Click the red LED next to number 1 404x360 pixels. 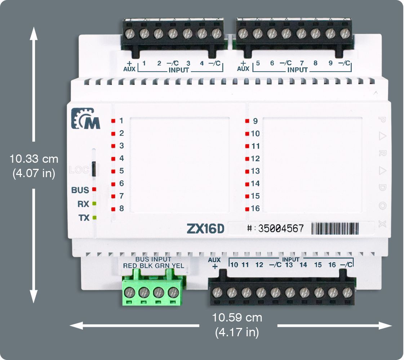click(x=113, y=121)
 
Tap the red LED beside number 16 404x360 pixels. click(x=247, y=209)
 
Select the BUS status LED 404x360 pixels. click(x=94, y=189)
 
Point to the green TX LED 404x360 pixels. click(x=94, y=217)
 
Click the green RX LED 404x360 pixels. click(x=94, y=204)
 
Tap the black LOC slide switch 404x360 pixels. click(x=94, y=169)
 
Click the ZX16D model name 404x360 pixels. click(x=205, y=229)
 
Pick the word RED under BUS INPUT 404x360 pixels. click(x=130, y=266)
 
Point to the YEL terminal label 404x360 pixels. click(x=178, y=266)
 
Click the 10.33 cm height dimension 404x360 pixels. click(x=34, y=158)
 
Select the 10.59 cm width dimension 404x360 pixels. click(x=237, y=318)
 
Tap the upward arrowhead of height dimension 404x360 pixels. click(x=34, y=33)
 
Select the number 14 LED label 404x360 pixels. click(x=255, y=184)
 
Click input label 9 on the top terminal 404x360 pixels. click(x=330, y=63)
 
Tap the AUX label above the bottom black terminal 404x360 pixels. click(x=214, y=260)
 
